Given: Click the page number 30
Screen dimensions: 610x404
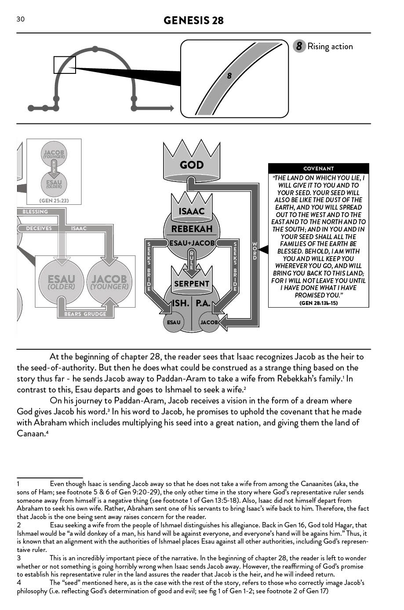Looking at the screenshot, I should (21, 19).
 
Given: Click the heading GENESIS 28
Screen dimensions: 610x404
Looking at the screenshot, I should (193, 20).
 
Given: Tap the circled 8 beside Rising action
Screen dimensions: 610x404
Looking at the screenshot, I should (299, 46).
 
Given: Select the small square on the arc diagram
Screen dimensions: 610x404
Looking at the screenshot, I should (65, 65).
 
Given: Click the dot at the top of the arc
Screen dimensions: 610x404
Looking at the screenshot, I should (95, 49).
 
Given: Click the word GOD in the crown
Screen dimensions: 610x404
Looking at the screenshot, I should (192, 165).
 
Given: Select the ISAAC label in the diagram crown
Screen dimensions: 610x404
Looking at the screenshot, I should (192, 211).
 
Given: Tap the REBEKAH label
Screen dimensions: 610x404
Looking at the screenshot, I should (192, 229).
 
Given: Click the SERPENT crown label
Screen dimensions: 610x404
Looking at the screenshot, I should (192, 284).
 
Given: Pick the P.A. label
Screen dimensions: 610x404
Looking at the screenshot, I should (203, 303).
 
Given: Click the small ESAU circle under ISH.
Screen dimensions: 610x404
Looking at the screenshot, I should (174, 322).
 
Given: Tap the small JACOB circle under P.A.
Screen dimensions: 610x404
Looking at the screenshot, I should (209, 322).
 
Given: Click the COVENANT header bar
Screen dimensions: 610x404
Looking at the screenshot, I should (318, 169).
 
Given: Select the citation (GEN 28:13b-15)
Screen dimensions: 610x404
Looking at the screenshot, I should (318, 303).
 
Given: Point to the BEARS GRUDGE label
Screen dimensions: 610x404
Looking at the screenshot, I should (85, 314).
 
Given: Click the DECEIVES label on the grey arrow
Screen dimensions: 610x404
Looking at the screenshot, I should (39, 229).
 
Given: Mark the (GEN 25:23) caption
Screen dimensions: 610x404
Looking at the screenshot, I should (54, 201).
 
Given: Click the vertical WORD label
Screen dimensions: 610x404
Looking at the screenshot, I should (255, 251).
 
